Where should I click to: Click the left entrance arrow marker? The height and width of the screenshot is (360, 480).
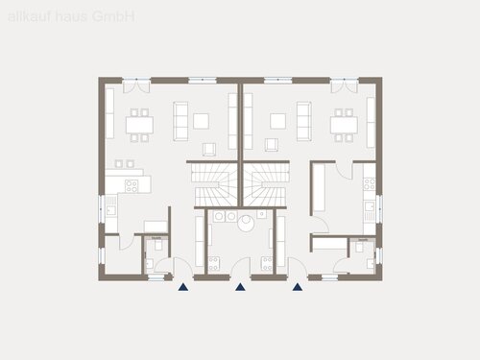point(182,285)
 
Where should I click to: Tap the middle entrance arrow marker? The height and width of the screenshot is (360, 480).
point(240,285)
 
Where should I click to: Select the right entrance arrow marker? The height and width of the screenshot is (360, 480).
point(298,285)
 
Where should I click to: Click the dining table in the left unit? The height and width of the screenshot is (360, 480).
point(139,124)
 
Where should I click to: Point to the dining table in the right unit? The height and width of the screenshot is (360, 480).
point(342,124)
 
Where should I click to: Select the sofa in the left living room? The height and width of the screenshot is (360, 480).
point(180,120)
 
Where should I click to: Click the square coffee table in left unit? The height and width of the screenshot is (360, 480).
point(201,120)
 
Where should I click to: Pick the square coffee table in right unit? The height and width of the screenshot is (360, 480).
point(278,120)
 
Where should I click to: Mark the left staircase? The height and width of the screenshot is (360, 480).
point(214,183)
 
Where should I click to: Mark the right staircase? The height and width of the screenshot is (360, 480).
point(266,183)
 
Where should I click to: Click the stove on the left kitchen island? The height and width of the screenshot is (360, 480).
point(133,182)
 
